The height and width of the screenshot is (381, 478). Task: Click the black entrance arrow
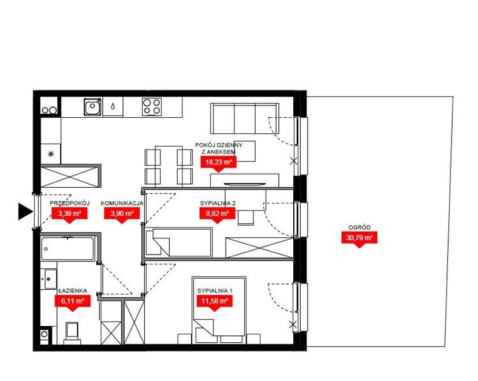25,211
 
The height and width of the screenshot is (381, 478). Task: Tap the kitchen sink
92,107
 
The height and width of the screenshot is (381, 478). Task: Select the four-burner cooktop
152,107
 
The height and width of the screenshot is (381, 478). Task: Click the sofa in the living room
245,118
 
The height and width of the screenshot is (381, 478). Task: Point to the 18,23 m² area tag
219,163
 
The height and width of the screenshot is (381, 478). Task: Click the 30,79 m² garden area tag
360,238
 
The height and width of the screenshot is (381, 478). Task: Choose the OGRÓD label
360,227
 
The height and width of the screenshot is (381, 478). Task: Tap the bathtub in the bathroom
68,248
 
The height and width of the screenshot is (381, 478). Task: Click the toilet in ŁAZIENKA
72,333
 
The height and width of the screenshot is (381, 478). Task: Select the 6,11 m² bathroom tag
73,302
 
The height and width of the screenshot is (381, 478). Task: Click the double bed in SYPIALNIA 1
219,309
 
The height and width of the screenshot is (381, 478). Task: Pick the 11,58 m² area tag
215,302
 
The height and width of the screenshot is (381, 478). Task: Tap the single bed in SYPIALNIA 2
178,242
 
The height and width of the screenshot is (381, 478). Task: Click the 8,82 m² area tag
218,214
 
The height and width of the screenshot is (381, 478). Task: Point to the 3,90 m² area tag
122,214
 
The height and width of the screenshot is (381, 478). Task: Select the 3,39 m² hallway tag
69,214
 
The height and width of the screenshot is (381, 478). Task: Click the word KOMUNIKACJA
122,203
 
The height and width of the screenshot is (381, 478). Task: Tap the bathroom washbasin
50,279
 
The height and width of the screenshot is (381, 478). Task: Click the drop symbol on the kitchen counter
113,106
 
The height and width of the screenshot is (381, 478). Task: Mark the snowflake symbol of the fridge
51,154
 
